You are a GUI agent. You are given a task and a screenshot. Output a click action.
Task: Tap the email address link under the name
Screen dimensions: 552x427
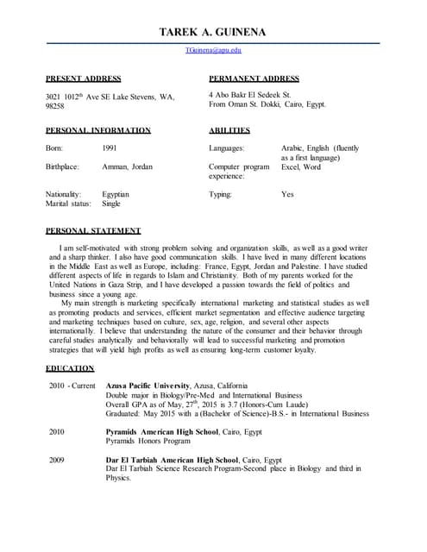pos(213,52)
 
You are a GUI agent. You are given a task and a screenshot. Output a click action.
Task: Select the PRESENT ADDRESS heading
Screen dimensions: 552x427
pos(83,78)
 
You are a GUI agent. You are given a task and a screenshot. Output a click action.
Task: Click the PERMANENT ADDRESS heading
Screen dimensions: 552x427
pos(254,78)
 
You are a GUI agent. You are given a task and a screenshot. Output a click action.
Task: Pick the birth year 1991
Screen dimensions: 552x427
pos(110,148)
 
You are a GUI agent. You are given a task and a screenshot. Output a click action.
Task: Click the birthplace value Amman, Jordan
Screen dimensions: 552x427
pos(128,166)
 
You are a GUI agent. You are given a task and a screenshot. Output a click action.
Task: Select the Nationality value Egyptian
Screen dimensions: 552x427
pos(116,194)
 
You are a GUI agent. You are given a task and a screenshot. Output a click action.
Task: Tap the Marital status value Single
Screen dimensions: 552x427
pos(111,204)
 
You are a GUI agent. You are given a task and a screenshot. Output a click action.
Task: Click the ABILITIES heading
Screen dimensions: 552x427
pos(229,130)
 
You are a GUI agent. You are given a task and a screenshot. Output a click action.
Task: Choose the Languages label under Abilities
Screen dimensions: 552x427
pos(227,148)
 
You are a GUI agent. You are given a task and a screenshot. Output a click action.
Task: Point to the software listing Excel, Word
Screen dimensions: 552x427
pos(301,166)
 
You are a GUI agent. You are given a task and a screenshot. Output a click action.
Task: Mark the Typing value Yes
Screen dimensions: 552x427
pos(288,194)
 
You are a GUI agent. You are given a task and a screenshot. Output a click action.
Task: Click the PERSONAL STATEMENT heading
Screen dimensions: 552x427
pos(93,231)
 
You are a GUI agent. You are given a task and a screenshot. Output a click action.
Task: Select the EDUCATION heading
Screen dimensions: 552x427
pos(69,368)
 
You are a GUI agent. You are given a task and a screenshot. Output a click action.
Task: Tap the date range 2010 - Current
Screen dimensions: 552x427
pos(72,386)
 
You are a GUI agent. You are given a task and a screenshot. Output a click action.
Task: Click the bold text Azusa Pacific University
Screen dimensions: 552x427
pos(154,386)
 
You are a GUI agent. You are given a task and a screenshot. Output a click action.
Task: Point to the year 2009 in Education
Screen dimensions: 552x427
pos(57,460)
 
